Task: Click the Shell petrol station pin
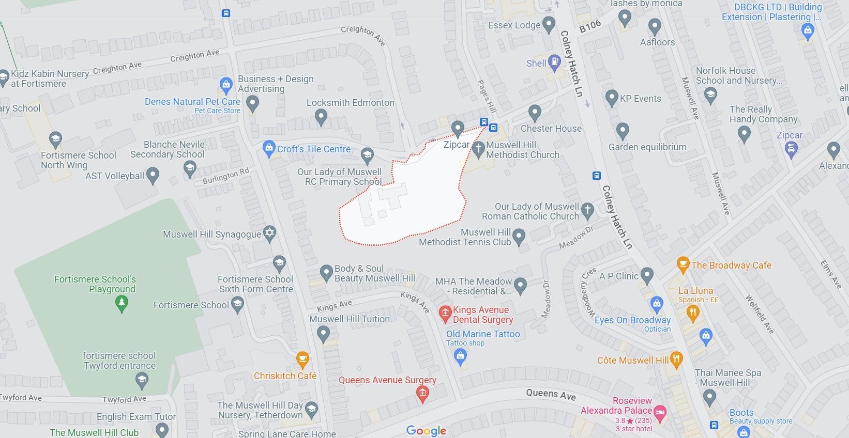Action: [554, 62]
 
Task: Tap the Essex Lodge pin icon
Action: [549, 24]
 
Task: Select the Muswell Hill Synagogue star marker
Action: [269, 233]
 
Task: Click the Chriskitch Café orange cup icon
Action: [302, 359]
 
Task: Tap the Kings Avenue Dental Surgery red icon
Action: [445, 313]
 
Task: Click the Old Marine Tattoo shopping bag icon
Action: [460, 356]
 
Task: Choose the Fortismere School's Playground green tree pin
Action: [122, 303]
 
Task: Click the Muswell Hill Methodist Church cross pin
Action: [478, 148]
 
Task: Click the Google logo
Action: [426, 430]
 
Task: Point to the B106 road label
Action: [590, 26]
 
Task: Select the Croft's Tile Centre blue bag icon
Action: [269, 149]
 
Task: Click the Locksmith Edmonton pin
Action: [321, 117]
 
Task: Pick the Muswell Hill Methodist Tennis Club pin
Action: [519, 237]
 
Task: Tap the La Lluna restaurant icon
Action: [693, 312]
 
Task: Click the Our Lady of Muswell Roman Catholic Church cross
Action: [587, 210]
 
